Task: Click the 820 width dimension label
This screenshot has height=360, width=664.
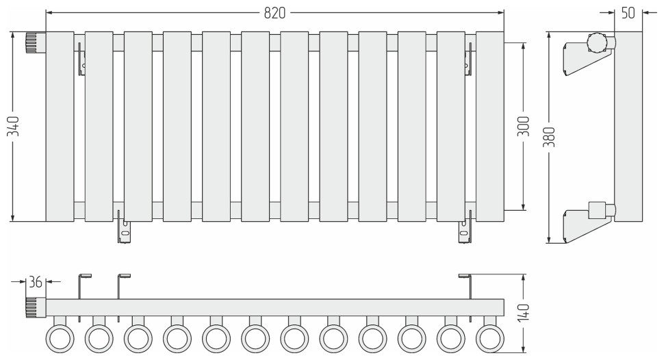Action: tap(274, 13)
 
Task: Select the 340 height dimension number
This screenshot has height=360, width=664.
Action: tap(14, 126)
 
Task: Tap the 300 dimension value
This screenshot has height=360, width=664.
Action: tap(524, 126)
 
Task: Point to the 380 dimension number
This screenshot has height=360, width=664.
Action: tap(549, 136)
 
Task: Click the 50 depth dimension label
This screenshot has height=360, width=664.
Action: tap(628, 13)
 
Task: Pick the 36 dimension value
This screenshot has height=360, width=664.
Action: tap(36, 282)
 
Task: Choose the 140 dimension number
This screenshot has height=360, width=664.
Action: tap(524, 313)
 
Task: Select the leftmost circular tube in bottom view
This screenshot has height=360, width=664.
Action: tap(60, 338)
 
